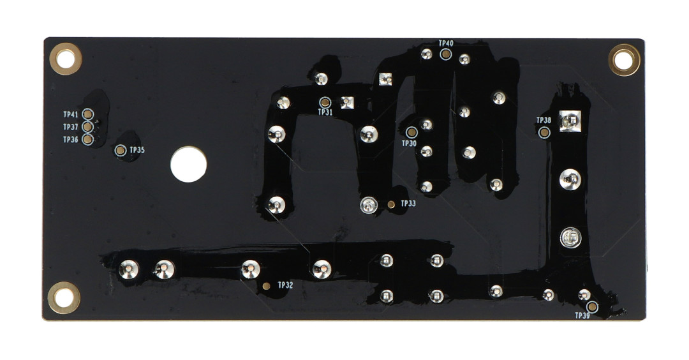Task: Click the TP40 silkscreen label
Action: [446, 43]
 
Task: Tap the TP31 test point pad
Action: [325, 103]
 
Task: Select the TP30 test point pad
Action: [411, 132]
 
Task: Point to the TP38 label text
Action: [544, 121]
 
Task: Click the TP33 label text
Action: [408, 204]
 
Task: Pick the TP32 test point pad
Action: [266, 286]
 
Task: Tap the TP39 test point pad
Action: [592, 307]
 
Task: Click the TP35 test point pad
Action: [121, 151]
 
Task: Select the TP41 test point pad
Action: [88, 114]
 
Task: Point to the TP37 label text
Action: [70, 127]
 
